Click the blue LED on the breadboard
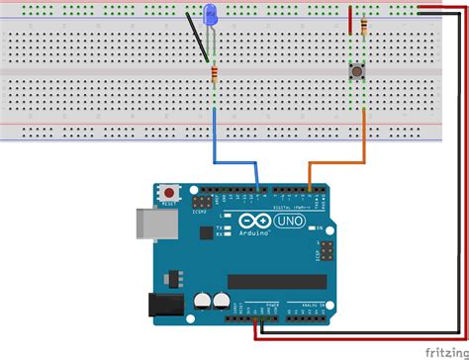coord(210,16)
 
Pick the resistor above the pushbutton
coord(365,26)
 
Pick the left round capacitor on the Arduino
coord(202,300)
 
